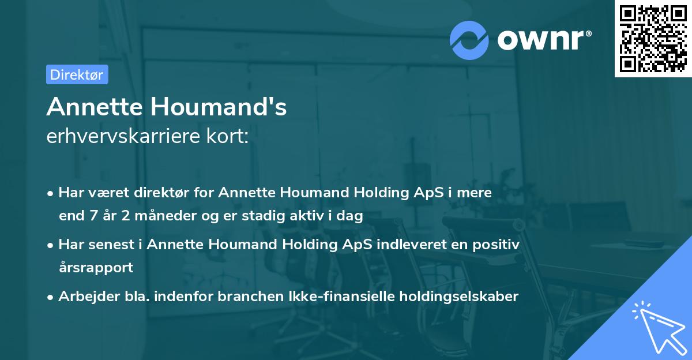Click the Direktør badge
coord(77,74)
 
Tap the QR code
coord(653,38)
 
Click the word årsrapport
coord(96,268)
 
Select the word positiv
coord(497,245)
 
